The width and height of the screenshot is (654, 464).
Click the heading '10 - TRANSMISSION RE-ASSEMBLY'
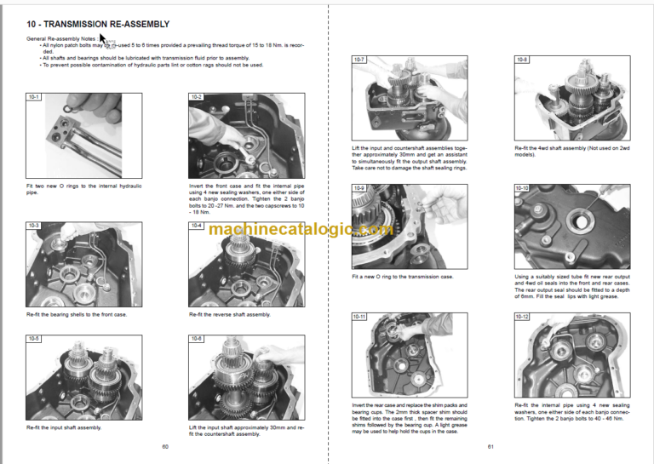pyautogui.click(x=98, y=24)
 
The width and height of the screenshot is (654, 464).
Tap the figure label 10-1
pyautogui.click(x=33, y=98)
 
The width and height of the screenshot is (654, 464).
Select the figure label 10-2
pyautogui.click(x=197, y=98)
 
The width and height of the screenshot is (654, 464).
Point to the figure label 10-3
pyautogui.click(x=33, y=226)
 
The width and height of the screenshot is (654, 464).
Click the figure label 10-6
pyautogui.click(x=197, y=338)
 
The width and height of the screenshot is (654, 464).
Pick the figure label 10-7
pyautogui.click(x=359, y=60)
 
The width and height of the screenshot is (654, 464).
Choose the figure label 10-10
pyautogui.click(x=522, y=187)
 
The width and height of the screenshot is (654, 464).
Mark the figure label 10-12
pyautogui.click(x=522, y=317)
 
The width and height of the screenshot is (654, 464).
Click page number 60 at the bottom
pyautogui.click(x=164, y=446)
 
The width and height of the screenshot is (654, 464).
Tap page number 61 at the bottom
pyautogui.click(x=490, y=446)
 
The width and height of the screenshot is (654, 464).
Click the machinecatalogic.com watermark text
pyautogui.click(x=301, y=229)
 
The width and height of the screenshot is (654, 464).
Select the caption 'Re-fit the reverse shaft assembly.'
pyautogui.click(x=229, y=314)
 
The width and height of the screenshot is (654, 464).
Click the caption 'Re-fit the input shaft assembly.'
pyautogui.click(x=64, y=427)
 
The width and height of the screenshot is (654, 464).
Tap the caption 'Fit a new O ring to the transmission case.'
pyautogui.click(x=403, y=277)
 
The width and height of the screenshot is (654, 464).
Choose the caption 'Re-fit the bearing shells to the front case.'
pyautogui.click(x=77, y=314)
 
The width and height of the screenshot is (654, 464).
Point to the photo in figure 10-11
pyautogui.click(x=403, y=358)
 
